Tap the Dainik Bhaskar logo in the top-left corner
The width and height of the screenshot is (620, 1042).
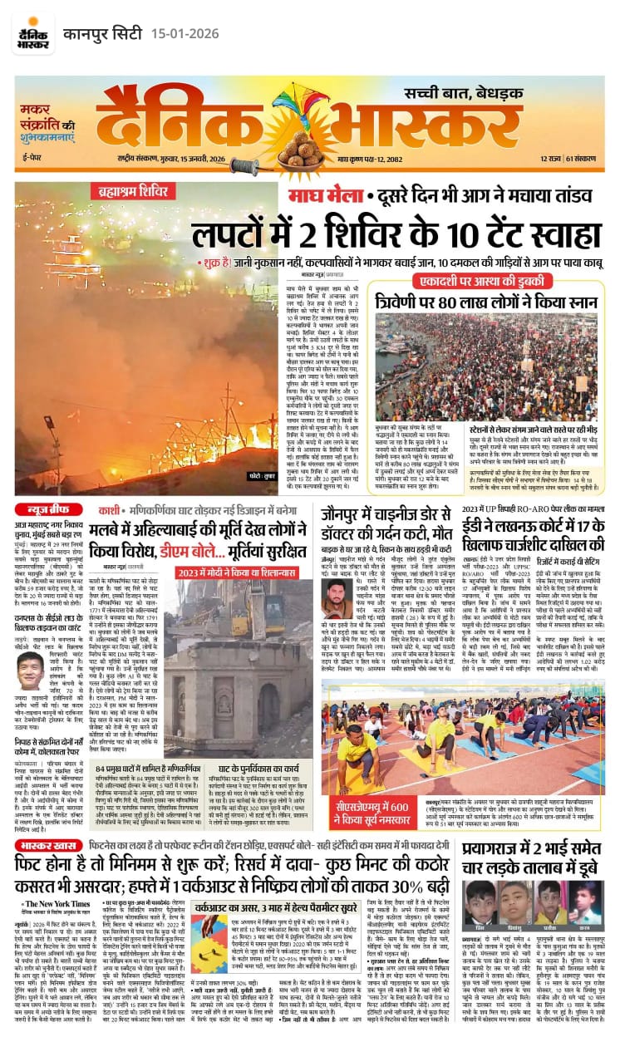point(32,32)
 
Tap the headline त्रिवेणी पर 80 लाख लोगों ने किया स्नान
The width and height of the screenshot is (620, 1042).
point(485,301)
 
